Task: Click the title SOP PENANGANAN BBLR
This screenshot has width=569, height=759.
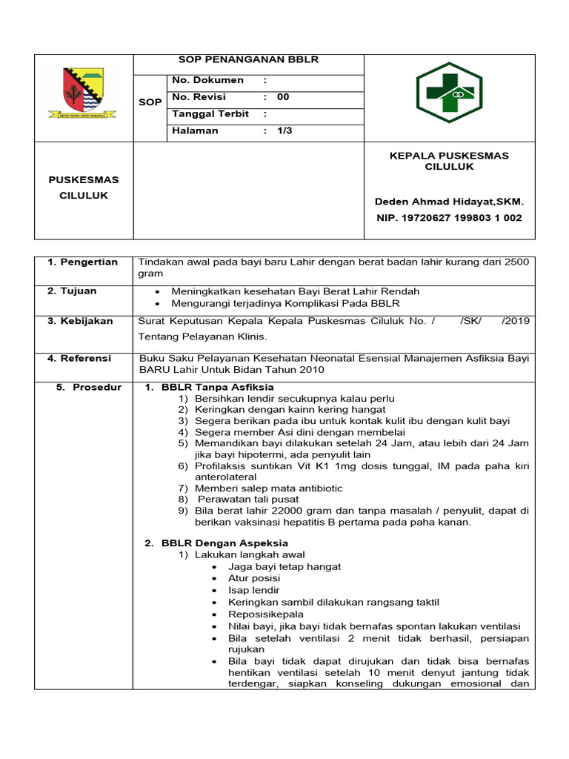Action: click(248, 59)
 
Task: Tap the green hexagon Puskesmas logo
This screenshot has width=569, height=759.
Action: click(449, 93)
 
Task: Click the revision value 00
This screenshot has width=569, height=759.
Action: click(283, 97)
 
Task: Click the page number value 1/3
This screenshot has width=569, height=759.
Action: click(284, 130)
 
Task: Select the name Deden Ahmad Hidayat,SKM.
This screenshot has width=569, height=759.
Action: click(449, 202)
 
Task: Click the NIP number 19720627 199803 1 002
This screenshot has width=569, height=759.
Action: click(449, 218)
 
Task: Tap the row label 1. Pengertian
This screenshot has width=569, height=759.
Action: click(82, 262)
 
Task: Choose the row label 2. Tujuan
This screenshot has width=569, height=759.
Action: click(72, 291)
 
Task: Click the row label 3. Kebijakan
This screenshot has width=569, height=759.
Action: click(80, 321)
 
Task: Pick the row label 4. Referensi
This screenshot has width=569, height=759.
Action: click(79, 358)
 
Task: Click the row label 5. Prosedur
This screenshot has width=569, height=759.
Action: click(89, 388)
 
